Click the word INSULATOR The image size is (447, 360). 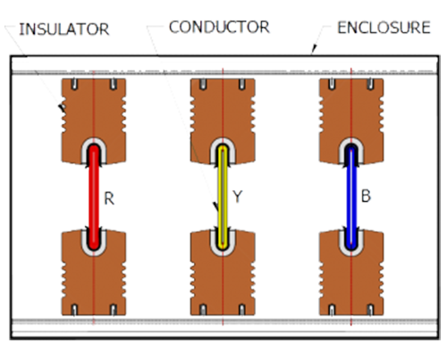(x=64, y=29)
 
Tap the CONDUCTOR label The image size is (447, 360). (x=219, y=27)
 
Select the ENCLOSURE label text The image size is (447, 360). (x=384, y=28)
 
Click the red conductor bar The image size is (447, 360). (x=94, y=197)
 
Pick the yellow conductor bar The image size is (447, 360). (x=223, y=197)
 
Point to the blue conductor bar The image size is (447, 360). (x=351, y=197)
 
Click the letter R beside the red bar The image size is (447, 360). (x=109, y=198)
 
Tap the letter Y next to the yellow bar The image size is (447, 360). (x=237, y=197)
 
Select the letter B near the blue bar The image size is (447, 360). (x=366, y=197)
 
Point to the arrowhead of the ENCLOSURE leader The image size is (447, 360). (x=313, y=50)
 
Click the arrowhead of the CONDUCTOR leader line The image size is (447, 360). (x=216, y=207)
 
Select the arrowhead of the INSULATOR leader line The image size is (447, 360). (x=62, y=109)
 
